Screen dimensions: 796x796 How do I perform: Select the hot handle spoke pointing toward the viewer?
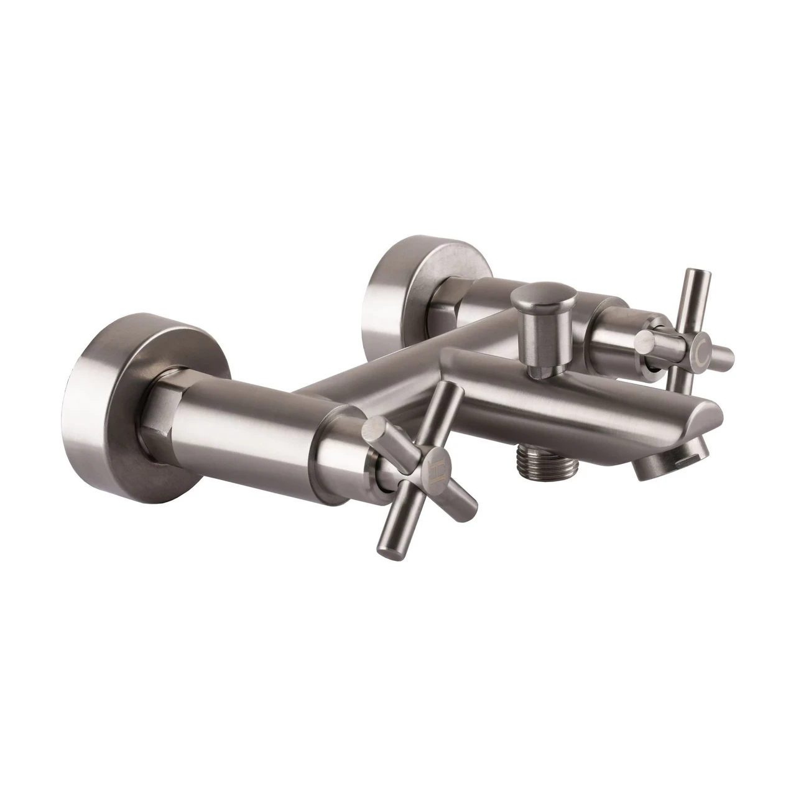click(x=380, y=435)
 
